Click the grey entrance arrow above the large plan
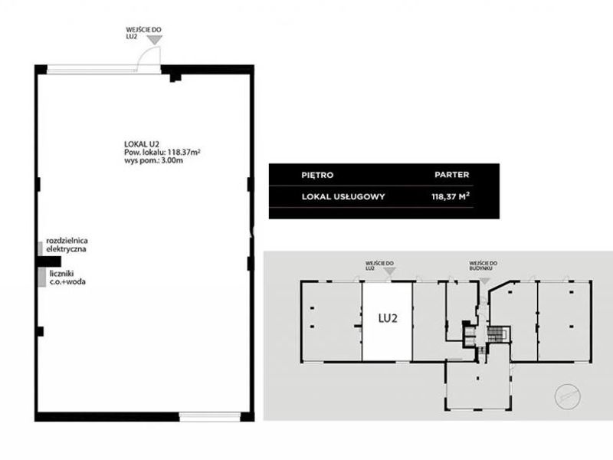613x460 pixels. coord(156,40)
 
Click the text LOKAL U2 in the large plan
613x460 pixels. coord(142,144)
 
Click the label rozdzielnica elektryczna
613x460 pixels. coord(67,245)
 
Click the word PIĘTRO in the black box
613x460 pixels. coord(317,176)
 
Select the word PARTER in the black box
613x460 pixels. coord(451,175)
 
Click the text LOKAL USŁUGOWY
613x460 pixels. coord(343,197)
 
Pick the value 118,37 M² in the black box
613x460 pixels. coord(451,196)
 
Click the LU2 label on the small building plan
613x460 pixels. coord(388,318)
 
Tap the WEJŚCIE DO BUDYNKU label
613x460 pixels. coord(484,266)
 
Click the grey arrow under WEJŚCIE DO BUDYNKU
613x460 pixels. coord(485,281)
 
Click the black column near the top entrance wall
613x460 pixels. coord(175,77)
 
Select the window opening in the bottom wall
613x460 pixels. coord(210,416)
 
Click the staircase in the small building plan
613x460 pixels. coord(497,334)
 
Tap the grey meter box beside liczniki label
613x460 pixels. coord(42,278)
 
